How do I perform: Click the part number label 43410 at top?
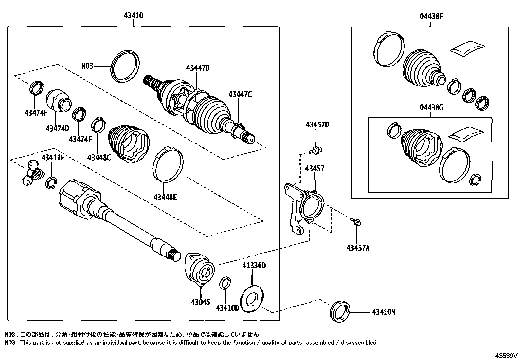click(x=134, y=15)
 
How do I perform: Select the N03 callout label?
click(x=87, y=66)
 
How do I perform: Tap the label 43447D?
click(x=198, y=68)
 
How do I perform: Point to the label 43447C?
click(x=240, y=94)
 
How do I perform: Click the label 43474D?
click(x=58, y=128)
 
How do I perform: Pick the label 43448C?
click(x=99, y=157)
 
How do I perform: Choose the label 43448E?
click(x=165, y=197)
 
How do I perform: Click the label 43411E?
click(x=53, y=158)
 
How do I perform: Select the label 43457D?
click(x=317, y=125)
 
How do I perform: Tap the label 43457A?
click(x=358, y=248)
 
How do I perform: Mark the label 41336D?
click(x=254, y=265)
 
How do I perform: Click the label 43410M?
click(x=384, y=312)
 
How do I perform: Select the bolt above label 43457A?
click(x=357, y=222)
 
